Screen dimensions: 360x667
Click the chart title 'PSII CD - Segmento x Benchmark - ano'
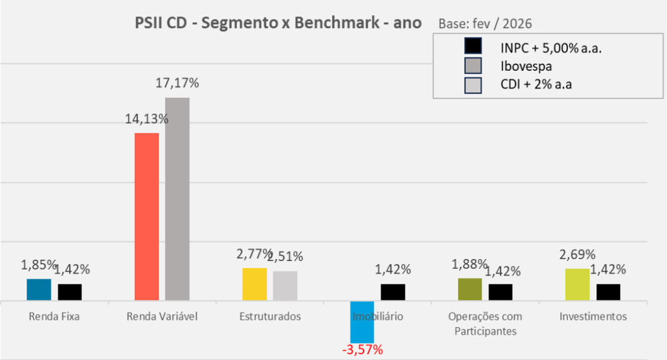point(278,23)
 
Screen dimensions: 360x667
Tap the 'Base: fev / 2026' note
point(485,23)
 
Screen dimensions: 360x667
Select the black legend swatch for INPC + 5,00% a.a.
point(472,47)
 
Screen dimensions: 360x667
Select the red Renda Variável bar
point(147,217)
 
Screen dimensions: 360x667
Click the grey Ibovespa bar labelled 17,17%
point(177,199)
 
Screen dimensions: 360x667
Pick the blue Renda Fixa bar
point(39,290)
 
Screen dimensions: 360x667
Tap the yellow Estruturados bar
point(255,284)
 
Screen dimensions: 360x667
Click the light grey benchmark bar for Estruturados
point(285,286)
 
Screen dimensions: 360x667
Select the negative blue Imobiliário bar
point(362,322)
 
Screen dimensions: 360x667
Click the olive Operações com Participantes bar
point(470,290)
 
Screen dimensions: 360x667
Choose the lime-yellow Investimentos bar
point(577,284)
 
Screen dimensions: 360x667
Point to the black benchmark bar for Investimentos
point(608,292)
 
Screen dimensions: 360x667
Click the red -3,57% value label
point(362,350)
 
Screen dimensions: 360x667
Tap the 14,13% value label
point(147,119)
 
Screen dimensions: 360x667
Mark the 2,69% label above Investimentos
point(577,255)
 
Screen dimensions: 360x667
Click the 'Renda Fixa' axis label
point(55,317)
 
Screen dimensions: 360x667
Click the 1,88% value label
point(469,264)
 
